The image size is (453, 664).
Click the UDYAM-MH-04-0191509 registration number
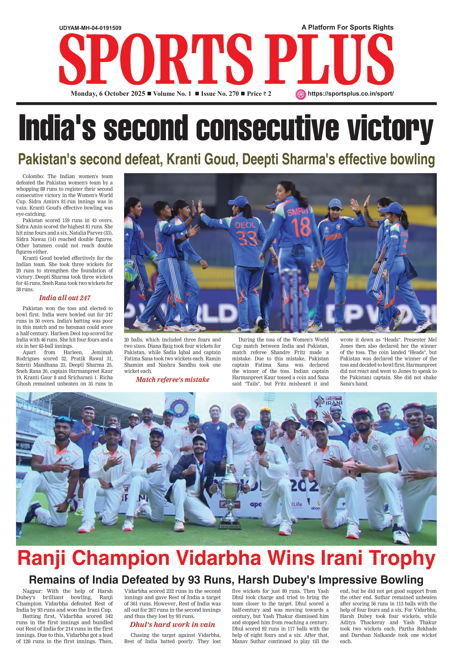coord(90,28)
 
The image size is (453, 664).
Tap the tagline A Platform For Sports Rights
coord(347,27)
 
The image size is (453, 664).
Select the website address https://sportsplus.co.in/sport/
coord(350,94)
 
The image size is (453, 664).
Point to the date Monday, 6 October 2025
coord(108,94)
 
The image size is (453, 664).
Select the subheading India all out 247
coord(65,298)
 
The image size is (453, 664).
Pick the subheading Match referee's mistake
coord(172,380)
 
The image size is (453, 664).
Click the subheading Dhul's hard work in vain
coord(172,625)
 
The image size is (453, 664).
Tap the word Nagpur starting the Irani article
coord(32,591)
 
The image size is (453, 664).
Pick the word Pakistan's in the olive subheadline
coord(47,159)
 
